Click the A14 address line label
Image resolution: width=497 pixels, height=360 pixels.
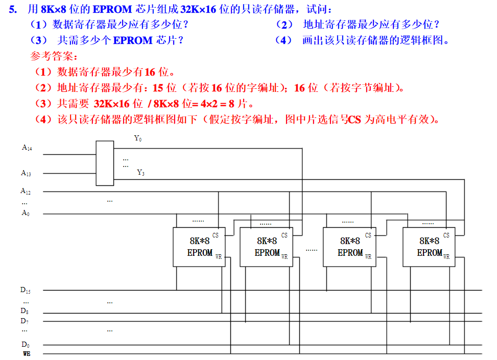(x=27, y=148)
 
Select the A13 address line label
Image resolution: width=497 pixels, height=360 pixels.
(x=26, y=173)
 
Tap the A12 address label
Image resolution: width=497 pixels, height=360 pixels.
(x=26, y=191)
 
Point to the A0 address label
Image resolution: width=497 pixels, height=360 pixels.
(x=25, y=213)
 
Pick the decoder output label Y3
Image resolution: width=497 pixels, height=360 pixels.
(x=140, y=173)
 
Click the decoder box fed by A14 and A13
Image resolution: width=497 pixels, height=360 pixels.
(x=105, y=163)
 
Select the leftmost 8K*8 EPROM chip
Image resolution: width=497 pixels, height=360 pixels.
(x=200, y=247)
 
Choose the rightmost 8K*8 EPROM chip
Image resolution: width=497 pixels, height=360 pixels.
(x=429, y=247)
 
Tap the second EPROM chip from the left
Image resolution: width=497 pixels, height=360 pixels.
(x=267, y=247)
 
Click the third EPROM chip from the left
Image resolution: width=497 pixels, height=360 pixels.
(x=350, y=247)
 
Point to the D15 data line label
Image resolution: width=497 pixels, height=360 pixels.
(x=26, y=290)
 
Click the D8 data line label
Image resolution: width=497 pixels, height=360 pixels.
(x=25, y=310)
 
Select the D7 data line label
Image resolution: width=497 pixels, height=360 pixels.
(x=25, y=321)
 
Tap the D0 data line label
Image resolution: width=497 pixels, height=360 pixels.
(x=25, y=345)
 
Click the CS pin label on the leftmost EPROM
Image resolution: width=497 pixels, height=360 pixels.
(x=216, y=235)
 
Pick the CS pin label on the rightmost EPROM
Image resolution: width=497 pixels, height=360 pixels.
(x=446, y=235)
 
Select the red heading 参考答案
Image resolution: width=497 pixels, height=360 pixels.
(x=53, y=56)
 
